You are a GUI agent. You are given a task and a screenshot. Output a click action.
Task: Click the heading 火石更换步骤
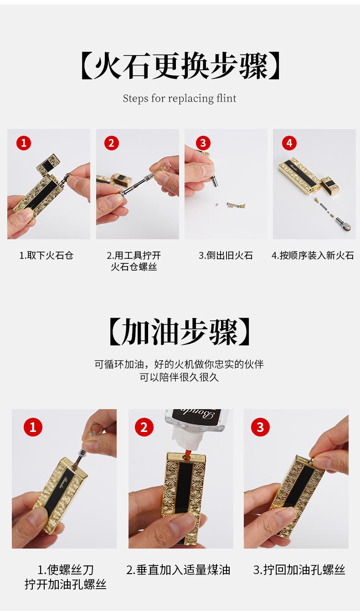coord(180,66)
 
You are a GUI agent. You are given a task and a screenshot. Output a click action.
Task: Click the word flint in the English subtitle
coord(226,98)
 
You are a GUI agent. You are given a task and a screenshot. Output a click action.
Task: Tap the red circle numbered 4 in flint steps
coord(289,143)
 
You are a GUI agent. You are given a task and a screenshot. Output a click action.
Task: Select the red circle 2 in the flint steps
coord(112,143)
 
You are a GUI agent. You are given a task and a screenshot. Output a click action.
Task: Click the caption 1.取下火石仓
coord(46,256)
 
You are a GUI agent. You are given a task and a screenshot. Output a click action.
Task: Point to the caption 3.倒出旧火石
coord(226,256)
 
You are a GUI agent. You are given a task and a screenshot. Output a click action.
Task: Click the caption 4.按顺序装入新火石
coord(313,256)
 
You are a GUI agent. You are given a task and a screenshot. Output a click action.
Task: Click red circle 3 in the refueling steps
coord(260,427)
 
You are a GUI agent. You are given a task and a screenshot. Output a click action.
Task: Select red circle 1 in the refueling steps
coord(33,427)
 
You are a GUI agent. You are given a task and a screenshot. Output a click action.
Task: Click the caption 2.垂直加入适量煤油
coord(178,570)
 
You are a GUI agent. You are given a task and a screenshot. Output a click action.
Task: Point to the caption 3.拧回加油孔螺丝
coord(299,570)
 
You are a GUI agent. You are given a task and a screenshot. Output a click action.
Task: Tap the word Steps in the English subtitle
coord(135,98)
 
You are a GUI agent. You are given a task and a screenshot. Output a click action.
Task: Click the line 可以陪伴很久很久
coord(179,377)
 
